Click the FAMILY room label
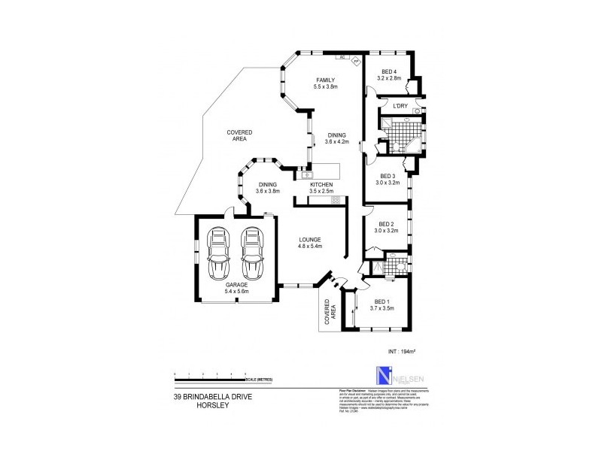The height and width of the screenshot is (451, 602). pyautogui.click(x=325, y=80)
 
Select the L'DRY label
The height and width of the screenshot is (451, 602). pyautogui.click(x=400, y=107)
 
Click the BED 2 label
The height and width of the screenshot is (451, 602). pyautogui.click(x=387, y=224)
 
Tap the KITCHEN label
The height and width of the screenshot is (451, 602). pyautogui.click(x=322, y=185)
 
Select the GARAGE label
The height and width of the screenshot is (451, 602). pyautogui.click(x=236, y=286)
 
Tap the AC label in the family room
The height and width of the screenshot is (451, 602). pyautogui.click(x=341, y=57)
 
